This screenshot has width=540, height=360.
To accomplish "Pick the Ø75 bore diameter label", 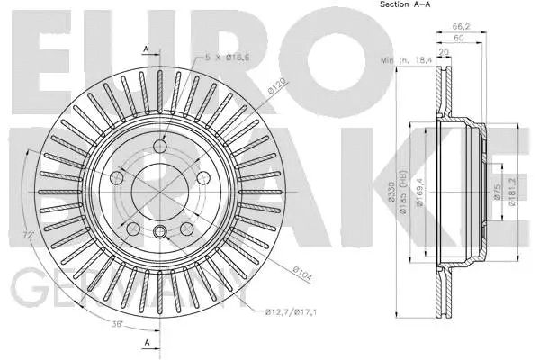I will [x=497, y=190].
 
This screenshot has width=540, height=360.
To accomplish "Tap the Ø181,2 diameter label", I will [x=510, y=192].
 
